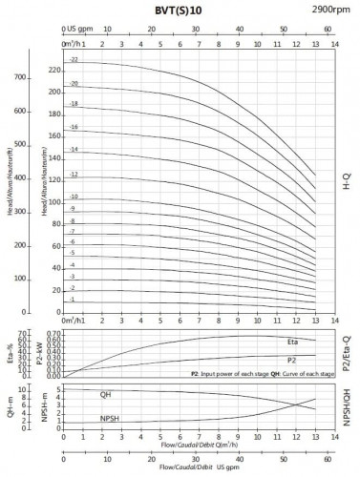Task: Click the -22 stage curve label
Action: (x=72, y=60)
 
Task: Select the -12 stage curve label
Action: (x=72, y=175)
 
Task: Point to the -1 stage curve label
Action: (x=72, y=300)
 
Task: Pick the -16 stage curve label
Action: (x=72, y=127)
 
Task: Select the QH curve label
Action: (x=105, y=394)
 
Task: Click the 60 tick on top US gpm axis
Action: (x=327, y=30)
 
